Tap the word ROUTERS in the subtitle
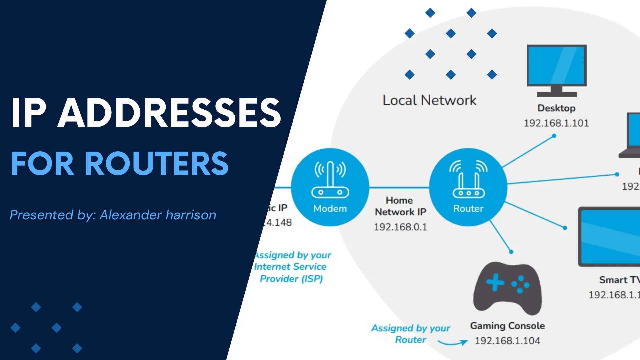tap(157, 163)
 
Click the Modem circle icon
tap(330, 187)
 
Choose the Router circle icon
tap(468, 187)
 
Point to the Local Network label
tap(429, 100)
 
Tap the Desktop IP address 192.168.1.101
tap(556, 123)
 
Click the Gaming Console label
tap(507, 326)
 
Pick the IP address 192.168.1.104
tap(507, 341)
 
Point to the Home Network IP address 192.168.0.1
tap(400, 227)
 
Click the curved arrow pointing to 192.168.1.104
tap(453, 343)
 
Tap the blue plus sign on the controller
tap(495, 282)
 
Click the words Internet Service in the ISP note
tap(290, 267)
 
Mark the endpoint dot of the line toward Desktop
tap(554, 136)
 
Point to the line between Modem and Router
tap(399, 187)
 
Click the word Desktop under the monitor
tap(556, 108)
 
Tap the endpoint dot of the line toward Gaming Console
tap(511, 252)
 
